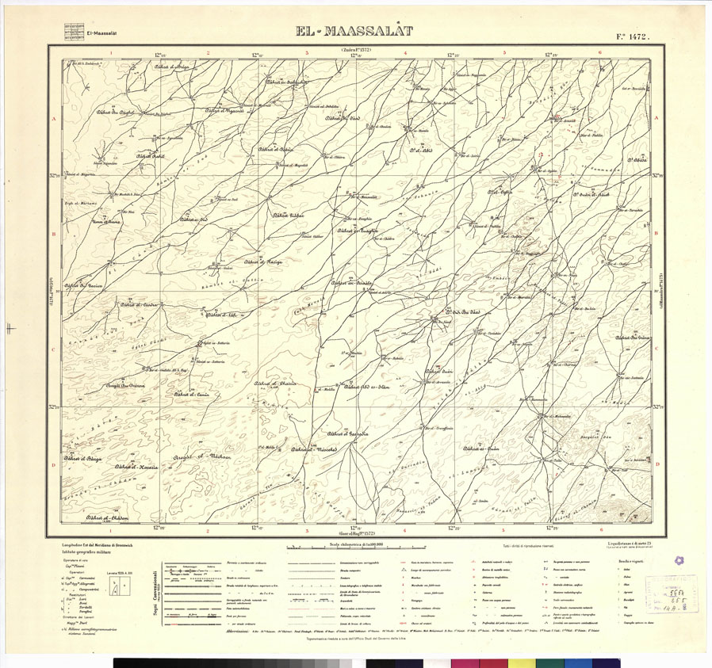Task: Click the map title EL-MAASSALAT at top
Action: [355, 32]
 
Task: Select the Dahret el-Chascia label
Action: [274, 383]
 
